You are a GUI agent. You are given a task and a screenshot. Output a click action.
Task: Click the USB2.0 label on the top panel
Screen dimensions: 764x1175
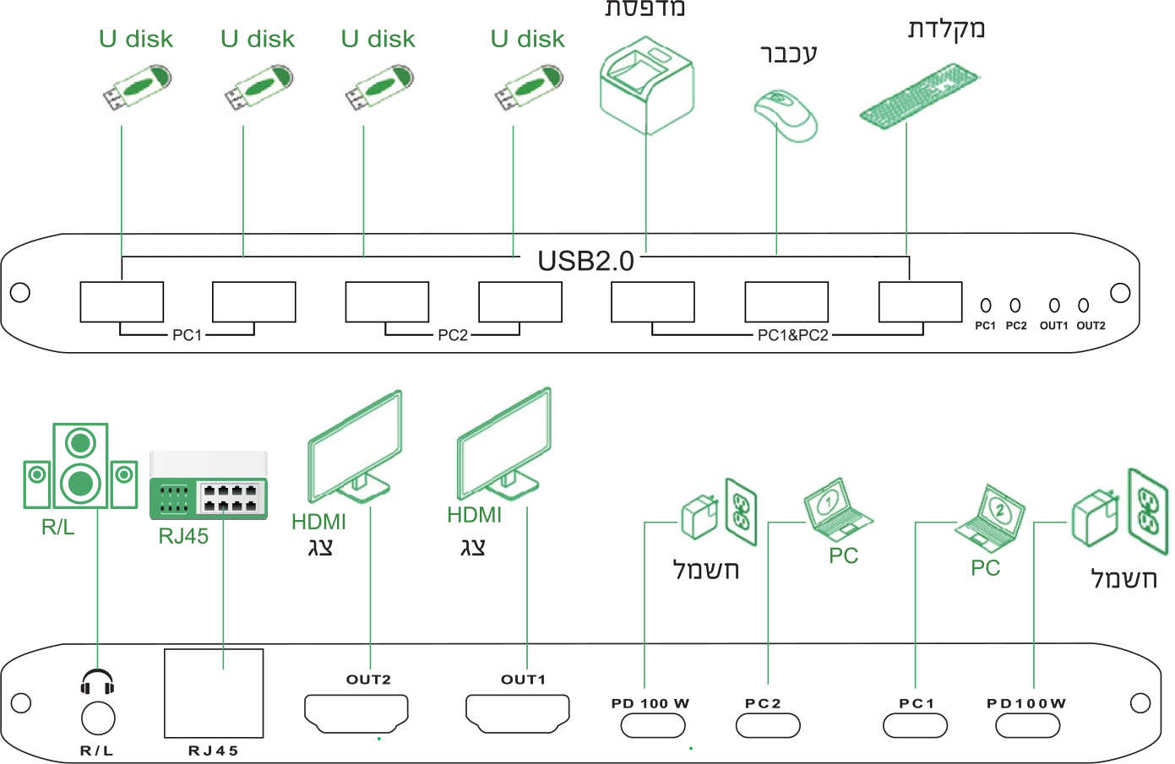pos(585,261)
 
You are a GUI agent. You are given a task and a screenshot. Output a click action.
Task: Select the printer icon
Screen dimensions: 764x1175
pos(645,84)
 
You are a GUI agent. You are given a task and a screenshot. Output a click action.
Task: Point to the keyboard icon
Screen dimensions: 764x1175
pos(918,95)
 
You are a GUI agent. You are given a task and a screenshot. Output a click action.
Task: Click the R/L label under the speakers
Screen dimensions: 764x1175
pos(57,529)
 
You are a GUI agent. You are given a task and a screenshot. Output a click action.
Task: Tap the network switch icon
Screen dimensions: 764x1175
pos(209,482)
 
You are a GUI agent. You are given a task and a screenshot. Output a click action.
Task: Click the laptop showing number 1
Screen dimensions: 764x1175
pos(835,506)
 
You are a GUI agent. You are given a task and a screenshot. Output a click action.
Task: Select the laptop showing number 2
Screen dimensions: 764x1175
pos(991,515)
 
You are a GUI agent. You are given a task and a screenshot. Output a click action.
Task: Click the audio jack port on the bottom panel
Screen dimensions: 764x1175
pos(99,701)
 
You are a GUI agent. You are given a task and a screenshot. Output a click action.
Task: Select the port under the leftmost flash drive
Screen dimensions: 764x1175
pos(122,301)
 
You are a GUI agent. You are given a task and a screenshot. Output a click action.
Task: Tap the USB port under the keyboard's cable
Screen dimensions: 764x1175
pos(918,300)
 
